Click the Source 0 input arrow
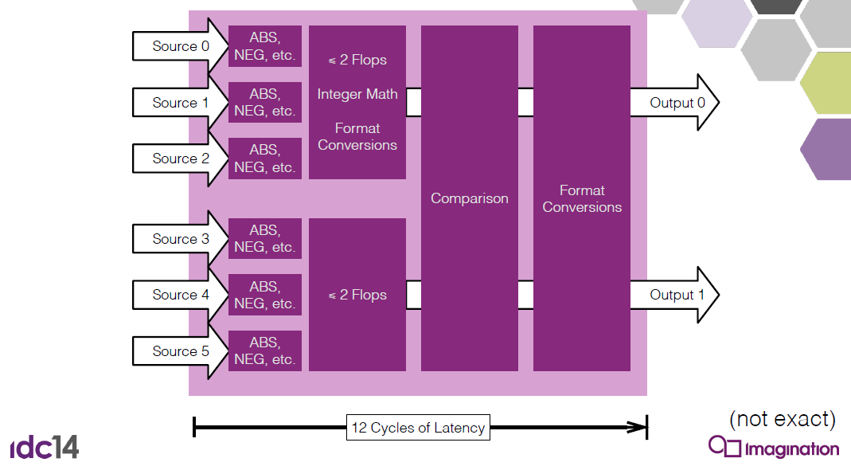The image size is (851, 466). (180, 46)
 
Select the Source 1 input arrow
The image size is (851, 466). (180, 102)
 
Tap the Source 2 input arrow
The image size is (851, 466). (180, 159)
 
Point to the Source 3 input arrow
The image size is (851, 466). (180, 239)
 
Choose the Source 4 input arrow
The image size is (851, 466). (180, 295)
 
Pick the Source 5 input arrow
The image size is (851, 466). (180, 351)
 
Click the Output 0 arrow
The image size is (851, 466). (674, 102)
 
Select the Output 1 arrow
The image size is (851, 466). (674, 295)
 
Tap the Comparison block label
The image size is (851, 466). (470, 198)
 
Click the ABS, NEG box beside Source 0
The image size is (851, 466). (265, 46)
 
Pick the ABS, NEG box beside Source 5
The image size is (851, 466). (265, 350)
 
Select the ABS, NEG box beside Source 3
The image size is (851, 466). (265, 238)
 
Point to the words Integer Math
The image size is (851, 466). (357, 94)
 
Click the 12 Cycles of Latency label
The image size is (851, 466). (418, 428)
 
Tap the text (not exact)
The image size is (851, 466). (782, 419)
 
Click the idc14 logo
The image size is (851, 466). (45, 446)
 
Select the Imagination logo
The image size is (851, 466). (774, 447)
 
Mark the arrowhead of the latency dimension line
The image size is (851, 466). (638, 428)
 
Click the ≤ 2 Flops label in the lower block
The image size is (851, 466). (357, 295)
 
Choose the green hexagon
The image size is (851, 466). (826, 83)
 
